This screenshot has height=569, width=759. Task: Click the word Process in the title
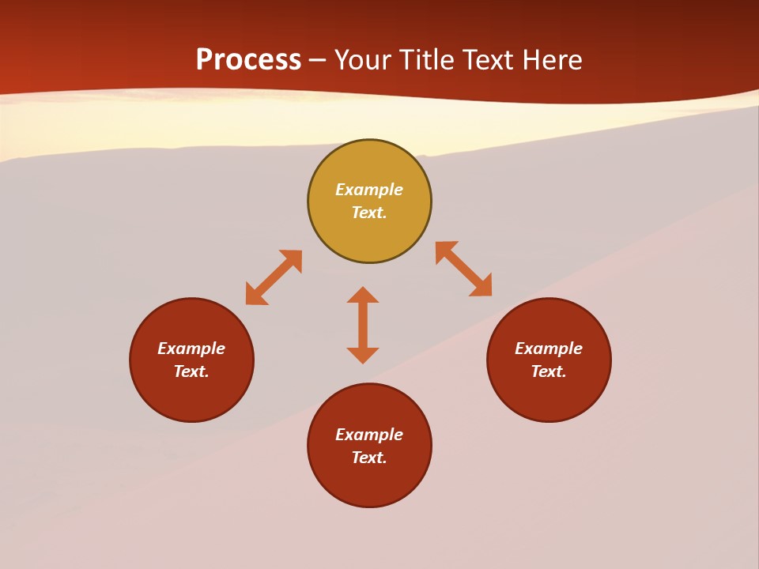pos(248,60)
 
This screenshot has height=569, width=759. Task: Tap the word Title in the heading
pos(447,60)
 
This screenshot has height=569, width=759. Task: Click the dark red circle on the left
pos(191,395)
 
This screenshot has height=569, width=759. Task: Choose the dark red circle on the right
pos(549,395)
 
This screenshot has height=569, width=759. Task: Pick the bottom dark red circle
pos(369,484)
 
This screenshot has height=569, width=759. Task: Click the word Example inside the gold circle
pos(369,190)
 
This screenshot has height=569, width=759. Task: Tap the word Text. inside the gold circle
pos(369,213)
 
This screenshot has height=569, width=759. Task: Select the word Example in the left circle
pos(191,349)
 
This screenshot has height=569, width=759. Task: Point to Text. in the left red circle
pos(191,371)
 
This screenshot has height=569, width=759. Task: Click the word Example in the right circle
pos(549,349)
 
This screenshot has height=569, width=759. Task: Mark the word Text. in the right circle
pos(549,371)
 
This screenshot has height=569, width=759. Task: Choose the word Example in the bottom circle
pos(369,435)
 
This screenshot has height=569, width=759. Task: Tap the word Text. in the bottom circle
pos(369,458)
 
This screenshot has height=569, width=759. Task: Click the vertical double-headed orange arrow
pos(363,325)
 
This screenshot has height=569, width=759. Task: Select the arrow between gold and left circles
pos(274,277)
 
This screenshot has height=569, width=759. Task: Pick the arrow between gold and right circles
pos(464,269)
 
